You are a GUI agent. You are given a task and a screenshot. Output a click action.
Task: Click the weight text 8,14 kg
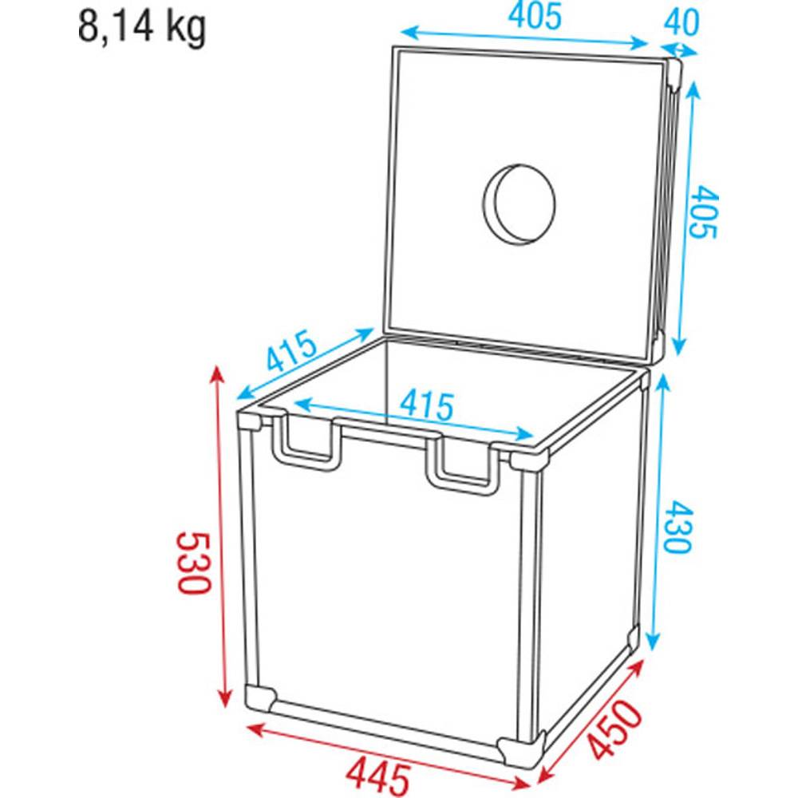(x=142, y=28)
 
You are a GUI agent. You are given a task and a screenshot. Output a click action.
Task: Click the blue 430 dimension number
(x=678, y=527)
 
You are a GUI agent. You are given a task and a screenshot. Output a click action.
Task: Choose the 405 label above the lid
(x=535, y=16)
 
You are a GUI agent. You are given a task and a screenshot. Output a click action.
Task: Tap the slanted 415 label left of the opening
(x=291, y=350)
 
